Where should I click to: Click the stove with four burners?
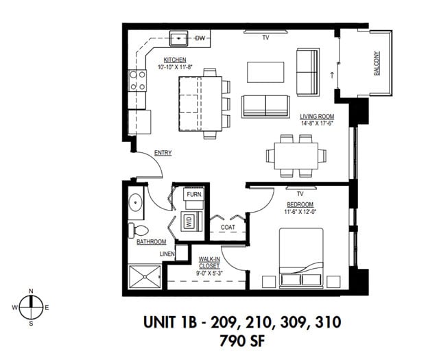click(x=137, y=82)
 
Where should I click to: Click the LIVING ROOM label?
click(x=316, y=117)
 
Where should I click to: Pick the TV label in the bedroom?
click(x=300, y=194)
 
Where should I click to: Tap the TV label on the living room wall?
click(x=265, y=37)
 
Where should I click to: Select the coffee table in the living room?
click(x=266, y=71)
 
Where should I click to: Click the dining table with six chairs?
click(x=296, y=155)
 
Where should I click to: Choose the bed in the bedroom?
click(x=311, y=258)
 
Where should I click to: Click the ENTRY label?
click(x=163, y=153)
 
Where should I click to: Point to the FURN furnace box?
click(x=194, y=195)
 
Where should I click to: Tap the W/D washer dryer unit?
click(x=189, y=221)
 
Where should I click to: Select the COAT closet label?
click(x=228, y=227)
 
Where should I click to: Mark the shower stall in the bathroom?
click(x=145, y=276)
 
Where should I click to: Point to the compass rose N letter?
click(x=32, y=292)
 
